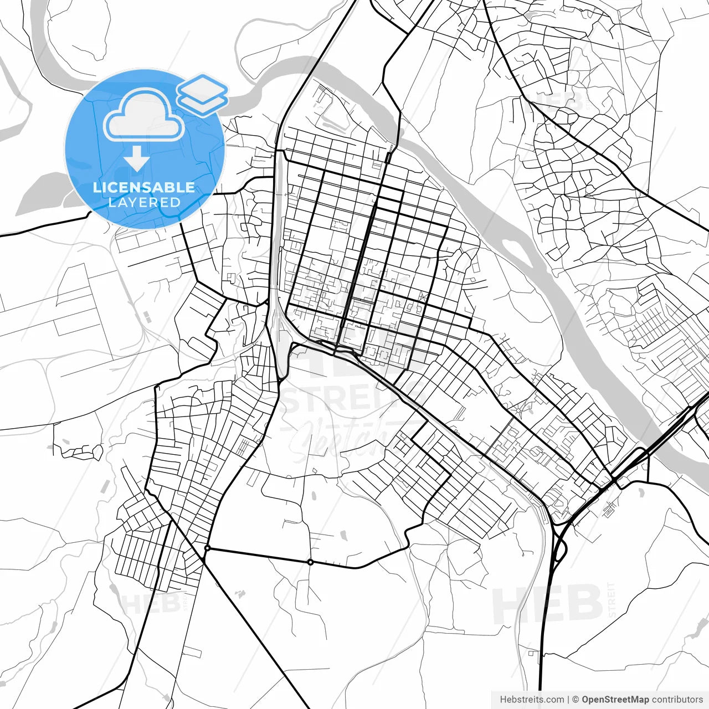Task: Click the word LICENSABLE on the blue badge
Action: tap(144, 187)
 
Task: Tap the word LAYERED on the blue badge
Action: tap(144, 203)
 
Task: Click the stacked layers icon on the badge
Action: tap(203, 94)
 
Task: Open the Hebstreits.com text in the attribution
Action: tap(532, 700)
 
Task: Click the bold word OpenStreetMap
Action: tap(615, 700)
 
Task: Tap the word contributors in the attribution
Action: tap(677, 700)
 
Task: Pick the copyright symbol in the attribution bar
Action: tap(576, 700)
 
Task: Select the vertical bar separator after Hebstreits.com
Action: tap(568, 700)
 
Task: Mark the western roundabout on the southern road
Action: tap(207, 548)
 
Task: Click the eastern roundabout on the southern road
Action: tap(311, 562)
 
